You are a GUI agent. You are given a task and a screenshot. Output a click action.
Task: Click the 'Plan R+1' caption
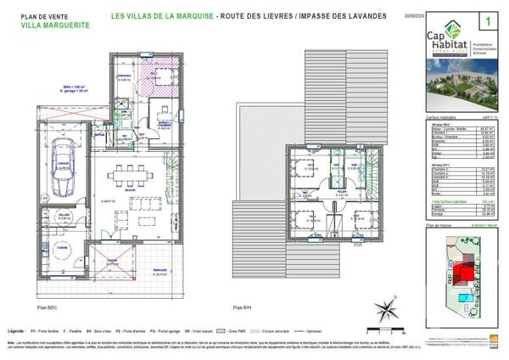tap(243, 307)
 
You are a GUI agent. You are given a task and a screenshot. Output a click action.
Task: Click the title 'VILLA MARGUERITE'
tap(47, 25)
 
